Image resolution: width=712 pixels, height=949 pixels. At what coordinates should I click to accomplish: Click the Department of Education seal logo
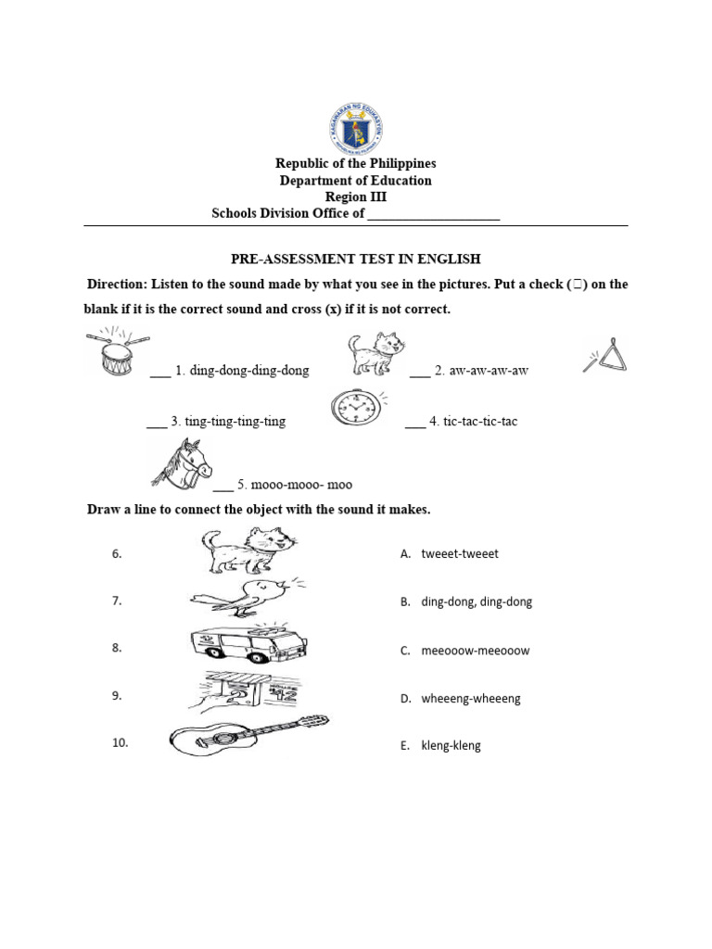pyautogui.click(x=355, y=128)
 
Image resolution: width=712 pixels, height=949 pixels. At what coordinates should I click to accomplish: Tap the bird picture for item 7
pyautogui.click(x=248, y=598)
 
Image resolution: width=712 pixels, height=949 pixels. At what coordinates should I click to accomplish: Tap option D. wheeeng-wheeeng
pyautogui.click(x=461, y=699)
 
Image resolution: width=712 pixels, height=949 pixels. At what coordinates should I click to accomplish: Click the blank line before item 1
pyautogui.click(x=159, y=373)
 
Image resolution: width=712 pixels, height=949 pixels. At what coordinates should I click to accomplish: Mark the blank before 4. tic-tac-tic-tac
pyautogui.click(x=414, y=424)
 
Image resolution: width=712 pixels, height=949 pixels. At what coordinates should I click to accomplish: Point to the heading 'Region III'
pyautogui.click(x=356, y=197)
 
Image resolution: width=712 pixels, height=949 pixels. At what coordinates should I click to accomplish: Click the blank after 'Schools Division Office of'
pyautogui.click(x=434, y=216)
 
